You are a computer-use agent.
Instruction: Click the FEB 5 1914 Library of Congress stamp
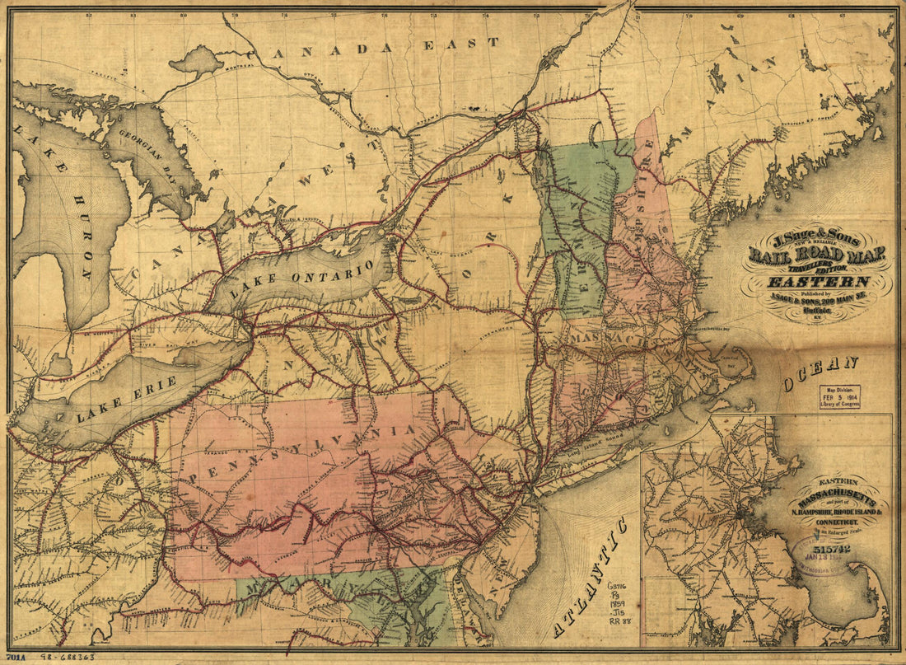pyautogui.click(x=839, y=396)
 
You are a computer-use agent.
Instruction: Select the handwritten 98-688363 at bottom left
pyautogui.click(x=65, y=658)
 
